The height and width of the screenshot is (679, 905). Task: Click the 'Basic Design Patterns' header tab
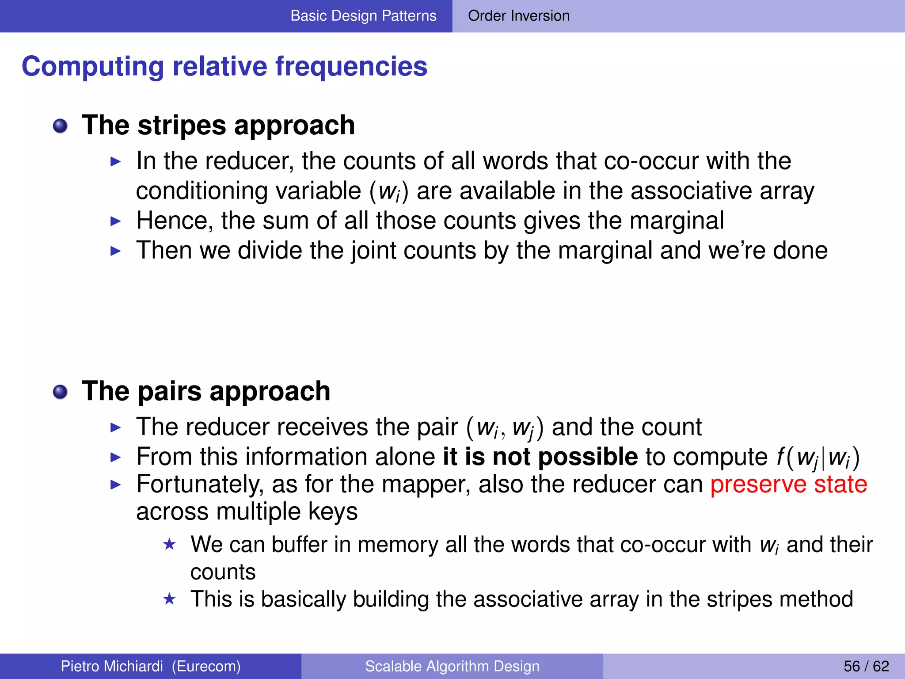click(x=363, y=16)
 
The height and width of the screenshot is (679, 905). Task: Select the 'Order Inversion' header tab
click(x=519, y=16)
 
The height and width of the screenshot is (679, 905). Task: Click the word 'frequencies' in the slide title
click(x=351, y=66)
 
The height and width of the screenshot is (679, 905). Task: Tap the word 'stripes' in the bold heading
click(x=182, y=125)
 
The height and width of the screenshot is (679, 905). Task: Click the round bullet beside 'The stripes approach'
click(x=60, y=126)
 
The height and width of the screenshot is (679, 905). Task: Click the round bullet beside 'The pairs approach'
click(x=60, y=392)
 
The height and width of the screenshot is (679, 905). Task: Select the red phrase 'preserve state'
click(x=789, y=484)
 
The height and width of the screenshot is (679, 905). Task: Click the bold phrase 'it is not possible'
click(x=540, y=456)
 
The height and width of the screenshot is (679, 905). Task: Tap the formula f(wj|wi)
click(x=818, y=458)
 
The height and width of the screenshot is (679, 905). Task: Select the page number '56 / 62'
click(x=866, y=666)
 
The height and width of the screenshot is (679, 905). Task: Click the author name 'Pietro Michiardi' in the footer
click(x=112, y=666)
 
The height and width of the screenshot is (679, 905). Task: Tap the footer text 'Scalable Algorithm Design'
click(x=452, y=666)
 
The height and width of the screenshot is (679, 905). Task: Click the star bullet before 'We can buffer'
click(x=170, y=544)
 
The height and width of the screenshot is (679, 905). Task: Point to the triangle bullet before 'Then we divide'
click(x=115, y=251)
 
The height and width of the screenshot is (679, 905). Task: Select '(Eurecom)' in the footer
click(x=206, y=666)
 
